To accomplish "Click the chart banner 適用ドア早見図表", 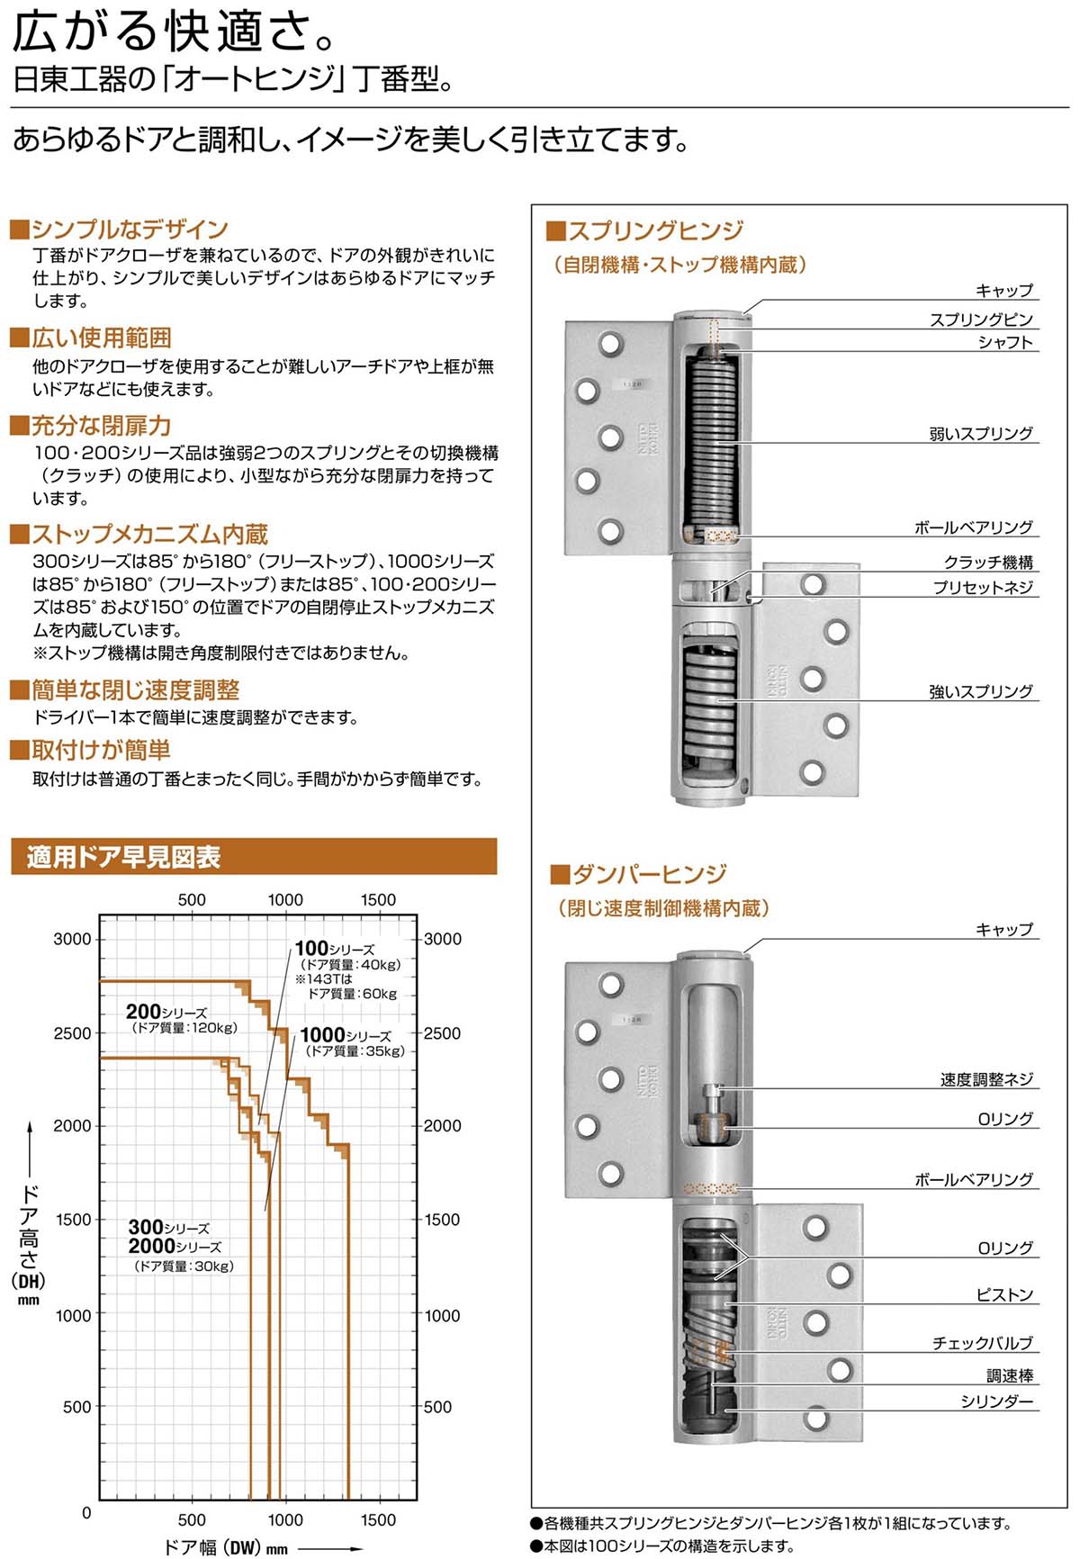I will pos(123,857).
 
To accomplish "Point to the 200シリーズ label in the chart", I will pos(166,1013).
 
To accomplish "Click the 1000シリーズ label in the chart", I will pos(346,1036).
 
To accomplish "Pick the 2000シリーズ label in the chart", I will pos(175,1247).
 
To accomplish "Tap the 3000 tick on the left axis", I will pos(72,939).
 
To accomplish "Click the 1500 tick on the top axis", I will pos(378,899).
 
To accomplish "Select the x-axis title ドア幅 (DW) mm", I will pos(226,1547).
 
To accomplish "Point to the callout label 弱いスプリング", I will pos(981,434).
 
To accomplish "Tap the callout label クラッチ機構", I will pos(988,563).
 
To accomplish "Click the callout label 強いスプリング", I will pos(981,691).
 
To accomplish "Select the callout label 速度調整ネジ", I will pos(986,1079).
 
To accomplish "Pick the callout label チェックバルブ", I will pos(982,1343).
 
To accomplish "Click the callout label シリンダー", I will pos(996,1401).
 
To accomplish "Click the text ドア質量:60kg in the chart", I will pos(352,994).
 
